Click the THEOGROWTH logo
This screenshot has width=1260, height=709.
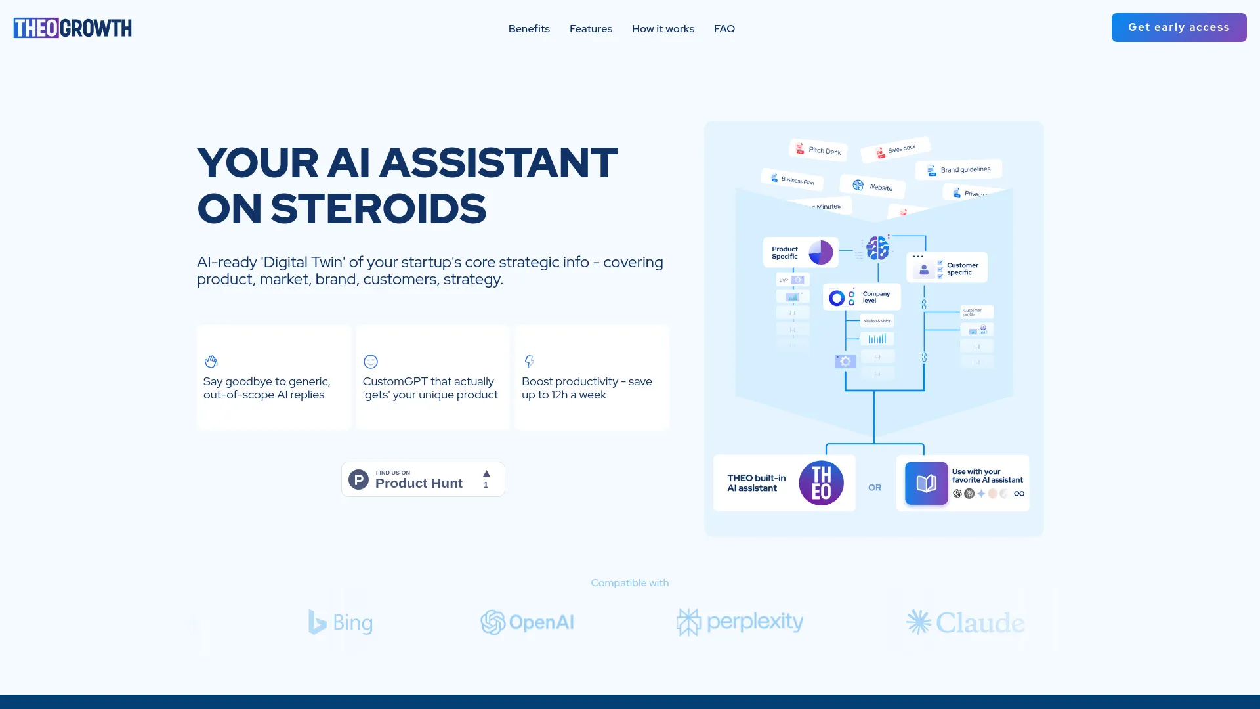pyautogui.click(x=72, y=28)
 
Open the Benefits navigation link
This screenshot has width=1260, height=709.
pyautogui.click(x=529, y=29)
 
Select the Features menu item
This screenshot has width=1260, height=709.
pyautogui.click(x=591, y=29)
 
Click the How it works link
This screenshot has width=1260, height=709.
pyautogui.click(x=663, y=29)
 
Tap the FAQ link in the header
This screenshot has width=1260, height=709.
pyautogui.click(x=724, y=29)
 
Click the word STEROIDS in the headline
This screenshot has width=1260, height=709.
pyautogui.click(x=378, y=209)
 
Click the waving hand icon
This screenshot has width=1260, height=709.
pyautogui.click(x=211, y=362)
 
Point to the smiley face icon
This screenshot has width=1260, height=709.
pyautogui.click(x=371, y=362)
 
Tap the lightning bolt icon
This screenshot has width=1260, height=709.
pyautogui.click(x=530, y=362)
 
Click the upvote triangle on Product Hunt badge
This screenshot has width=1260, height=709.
pyautogui.click(x=486, y=474)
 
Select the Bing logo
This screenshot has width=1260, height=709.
pyautogui.click(x=341, y=622)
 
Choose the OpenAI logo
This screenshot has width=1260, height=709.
pyautogui.click(x=527, y=622)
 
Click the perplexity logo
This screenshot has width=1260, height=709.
pyautogui.click(x=740, y=622)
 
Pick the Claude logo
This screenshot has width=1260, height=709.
pyautogui.click(x=965, y=622)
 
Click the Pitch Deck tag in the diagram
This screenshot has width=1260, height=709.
pyautogui.click(x=818, y=150)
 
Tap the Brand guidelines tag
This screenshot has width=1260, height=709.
pyautogui.click(x=959, y=170)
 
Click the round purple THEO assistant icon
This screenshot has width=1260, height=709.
pyautogui.click(x=821, y=483)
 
